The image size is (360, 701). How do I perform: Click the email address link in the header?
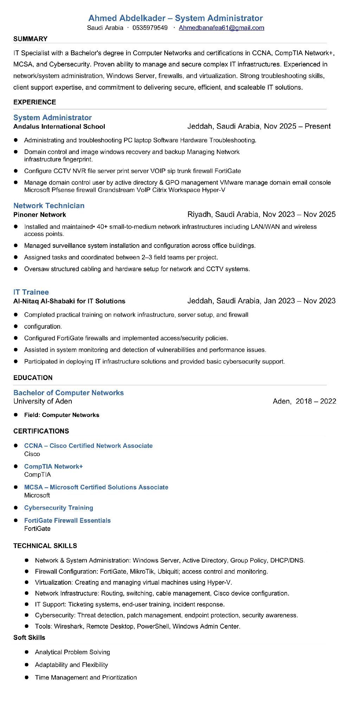221,28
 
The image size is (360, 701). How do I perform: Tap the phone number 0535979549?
150,28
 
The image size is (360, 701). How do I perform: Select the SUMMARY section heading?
30,39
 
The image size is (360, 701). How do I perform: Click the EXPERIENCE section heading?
34,102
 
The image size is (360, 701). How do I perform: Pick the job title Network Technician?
49,206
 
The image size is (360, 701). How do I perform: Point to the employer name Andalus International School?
59,127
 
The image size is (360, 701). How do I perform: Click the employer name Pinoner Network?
40,214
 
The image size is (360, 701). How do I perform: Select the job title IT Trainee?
31,292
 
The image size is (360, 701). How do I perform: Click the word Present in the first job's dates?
317,126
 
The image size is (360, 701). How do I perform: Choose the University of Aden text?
43,401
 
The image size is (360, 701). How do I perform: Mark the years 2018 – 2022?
316,401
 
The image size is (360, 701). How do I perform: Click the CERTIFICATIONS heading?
41,431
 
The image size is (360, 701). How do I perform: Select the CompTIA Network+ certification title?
53,467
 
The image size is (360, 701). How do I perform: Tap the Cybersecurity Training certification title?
59,508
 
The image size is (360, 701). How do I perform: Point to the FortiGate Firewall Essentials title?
67,520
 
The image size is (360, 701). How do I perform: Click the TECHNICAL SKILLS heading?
45,546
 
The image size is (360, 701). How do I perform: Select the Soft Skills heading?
29,637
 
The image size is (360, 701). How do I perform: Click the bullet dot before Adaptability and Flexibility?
26,665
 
